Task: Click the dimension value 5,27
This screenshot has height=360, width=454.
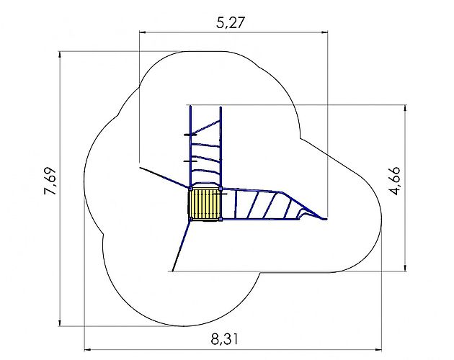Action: click(231, 23)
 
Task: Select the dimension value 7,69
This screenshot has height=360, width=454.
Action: click(50, 181)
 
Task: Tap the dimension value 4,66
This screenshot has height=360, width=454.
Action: click(395, 181)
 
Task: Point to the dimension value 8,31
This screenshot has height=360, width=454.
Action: click(224, 339)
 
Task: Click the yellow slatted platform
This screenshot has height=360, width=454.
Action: click(205, 204)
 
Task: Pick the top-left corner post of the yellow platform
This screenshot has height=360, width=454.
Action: click(190, 189)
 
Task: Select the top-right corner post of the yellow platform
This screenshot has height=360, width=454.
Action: click(221, 189)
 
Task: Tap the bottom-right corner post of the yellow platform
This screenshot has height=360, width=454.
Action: click(221, 219)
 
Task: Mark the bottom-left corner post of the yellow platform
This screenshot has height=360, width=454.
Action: click(190, 219)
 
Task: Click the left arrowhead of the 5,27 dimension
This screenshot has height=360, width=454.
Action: click(142, 32)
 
